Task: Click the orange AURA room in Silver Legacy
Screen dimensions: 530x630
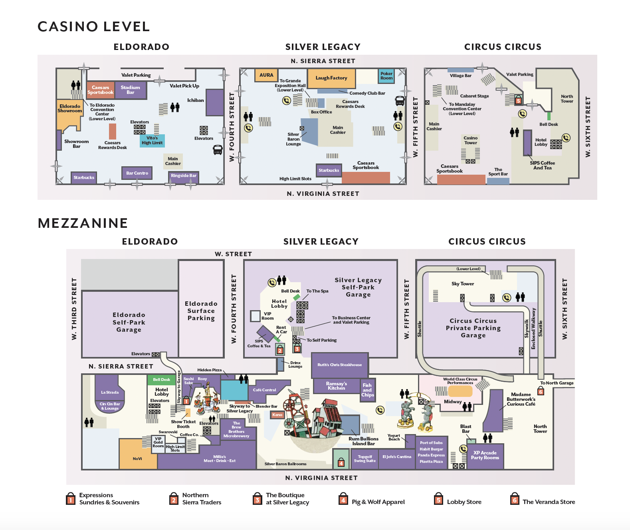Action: [x=266, y=75]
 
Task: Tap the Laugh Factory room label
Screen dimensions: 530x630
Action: [x=331, y=78]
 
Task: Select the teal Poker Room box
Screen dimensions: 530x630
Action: [x=386, y=76]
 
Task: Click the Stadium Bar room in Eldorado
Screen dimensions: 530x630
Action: [x=131, y=90]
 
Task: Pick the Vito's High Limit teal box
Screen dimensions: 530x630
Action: [x=152, y=141]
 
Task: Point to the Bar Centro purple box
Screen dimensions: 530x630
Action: [x=137, y=173]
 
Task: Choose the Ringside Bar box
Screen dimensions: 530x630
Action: [x=184, y=176]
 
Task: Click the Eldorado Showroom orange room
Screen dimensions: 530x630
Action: [x=70, y=109]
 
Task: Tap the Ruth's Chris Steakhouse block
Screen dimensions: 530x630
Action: [x=339, y=365]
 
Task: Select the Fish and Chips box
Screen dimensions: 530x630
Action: [x=367, y=390]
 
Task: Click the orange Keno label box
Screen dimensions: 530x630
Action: [x=277, y=415]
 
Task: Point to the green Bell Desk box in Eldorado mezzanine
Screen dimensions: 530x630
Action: [x=161, y=379]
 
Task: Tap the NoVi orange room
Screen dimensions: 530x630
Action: [x=137, y=458]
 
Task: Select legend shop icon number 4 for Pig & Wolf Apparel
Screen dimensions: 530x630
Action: [x=343, y=499]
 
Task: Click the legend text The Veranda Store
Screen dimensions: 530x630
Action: [x=549, y=502]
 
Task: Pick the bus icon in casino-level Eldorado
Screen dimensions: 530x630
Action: [x=218, y=150]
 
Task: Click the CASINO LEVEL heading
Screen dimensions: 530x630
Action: [x=94, y=27]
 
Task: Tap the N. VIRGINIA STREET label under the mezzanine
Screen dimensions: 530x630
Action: [x=321, y=478]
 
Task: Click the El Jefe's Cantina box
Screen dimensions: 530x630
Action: [x=396, y=457]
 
